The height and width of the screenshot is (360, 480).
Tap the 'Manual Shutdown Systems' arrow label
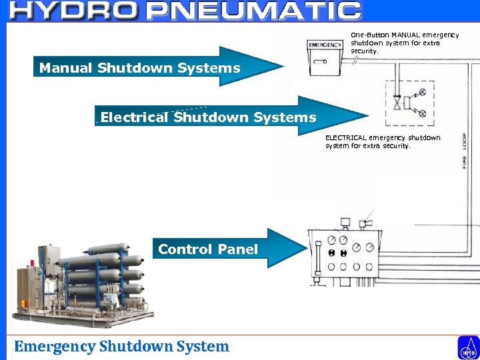(139, 67)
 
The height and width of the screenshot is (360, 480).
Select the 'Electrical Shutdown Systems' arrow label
(208, 118)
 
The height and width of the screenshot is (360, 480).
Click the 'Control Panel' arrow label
(207, 250)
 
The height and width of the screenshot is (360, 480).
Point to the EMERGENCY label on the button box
(325, 45)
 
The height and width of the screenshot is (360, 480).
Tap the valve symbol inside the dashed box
(398, 103)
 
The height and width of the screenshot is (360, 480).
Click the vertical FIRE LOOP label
(465, 151)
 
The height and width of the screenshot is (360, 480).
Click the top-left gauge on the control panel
(331, 240)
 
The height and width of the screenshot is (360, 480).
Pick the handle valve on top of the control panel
(365, 223)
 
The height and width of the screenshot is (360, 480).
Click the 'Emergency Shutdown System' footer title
(121, 347)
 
